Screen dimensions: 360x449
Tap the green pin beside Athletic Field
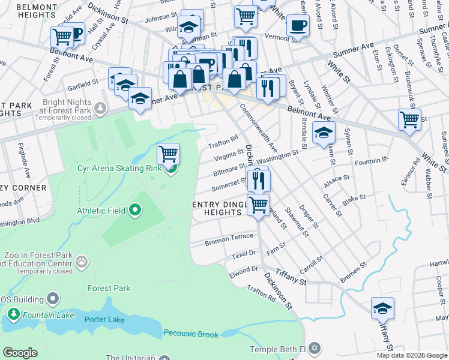point(135,210)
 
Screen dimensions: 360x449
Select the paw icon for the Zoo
point(81,262)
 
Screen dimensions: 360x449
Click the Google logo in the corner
point(20,353)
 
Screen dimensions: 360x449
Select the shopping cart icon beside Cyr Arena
point(169,154)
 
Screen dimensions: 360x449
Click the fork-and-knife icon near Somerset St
point(259,179)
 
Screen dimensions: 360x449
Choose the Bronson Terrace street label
point(229,238)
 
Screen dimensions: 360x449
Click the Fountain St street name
point(368,161)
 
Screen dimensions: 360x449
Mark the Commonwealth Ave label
point(259,128)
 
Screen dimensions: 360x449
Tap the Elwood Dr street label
point(244,270)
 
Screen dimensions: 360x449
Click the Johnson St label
point(158,17)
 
